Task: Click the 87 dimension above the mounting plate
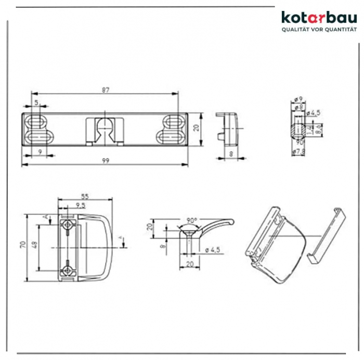pyautogui.click(x=106, y=90)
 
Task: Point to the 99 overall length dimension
pyautogui.click(x=106, y=161)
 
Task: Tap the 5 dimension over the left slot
pyautogui.click(x=37, y=103)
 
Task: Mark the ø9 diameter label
pyautogui.click(x=298, y=99)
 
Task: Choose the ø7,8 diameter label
pyautogui.click(x=298, y=151)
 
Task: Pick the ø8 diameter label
pyautogui.click(x=298, y=107)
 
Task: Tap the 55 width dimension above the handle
pyautogui.click(x=84, y=197)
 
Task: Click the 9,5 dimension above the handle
pyautogui.click(x=81, y=206)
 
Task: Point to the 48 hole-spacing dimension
pyautogui.click(x=34, y=245)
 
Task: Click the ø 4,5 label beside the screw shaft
pyautogui.click(x=213, y=250)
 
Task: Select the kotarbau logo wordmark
pyautogui.click(x=319, y=18)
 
